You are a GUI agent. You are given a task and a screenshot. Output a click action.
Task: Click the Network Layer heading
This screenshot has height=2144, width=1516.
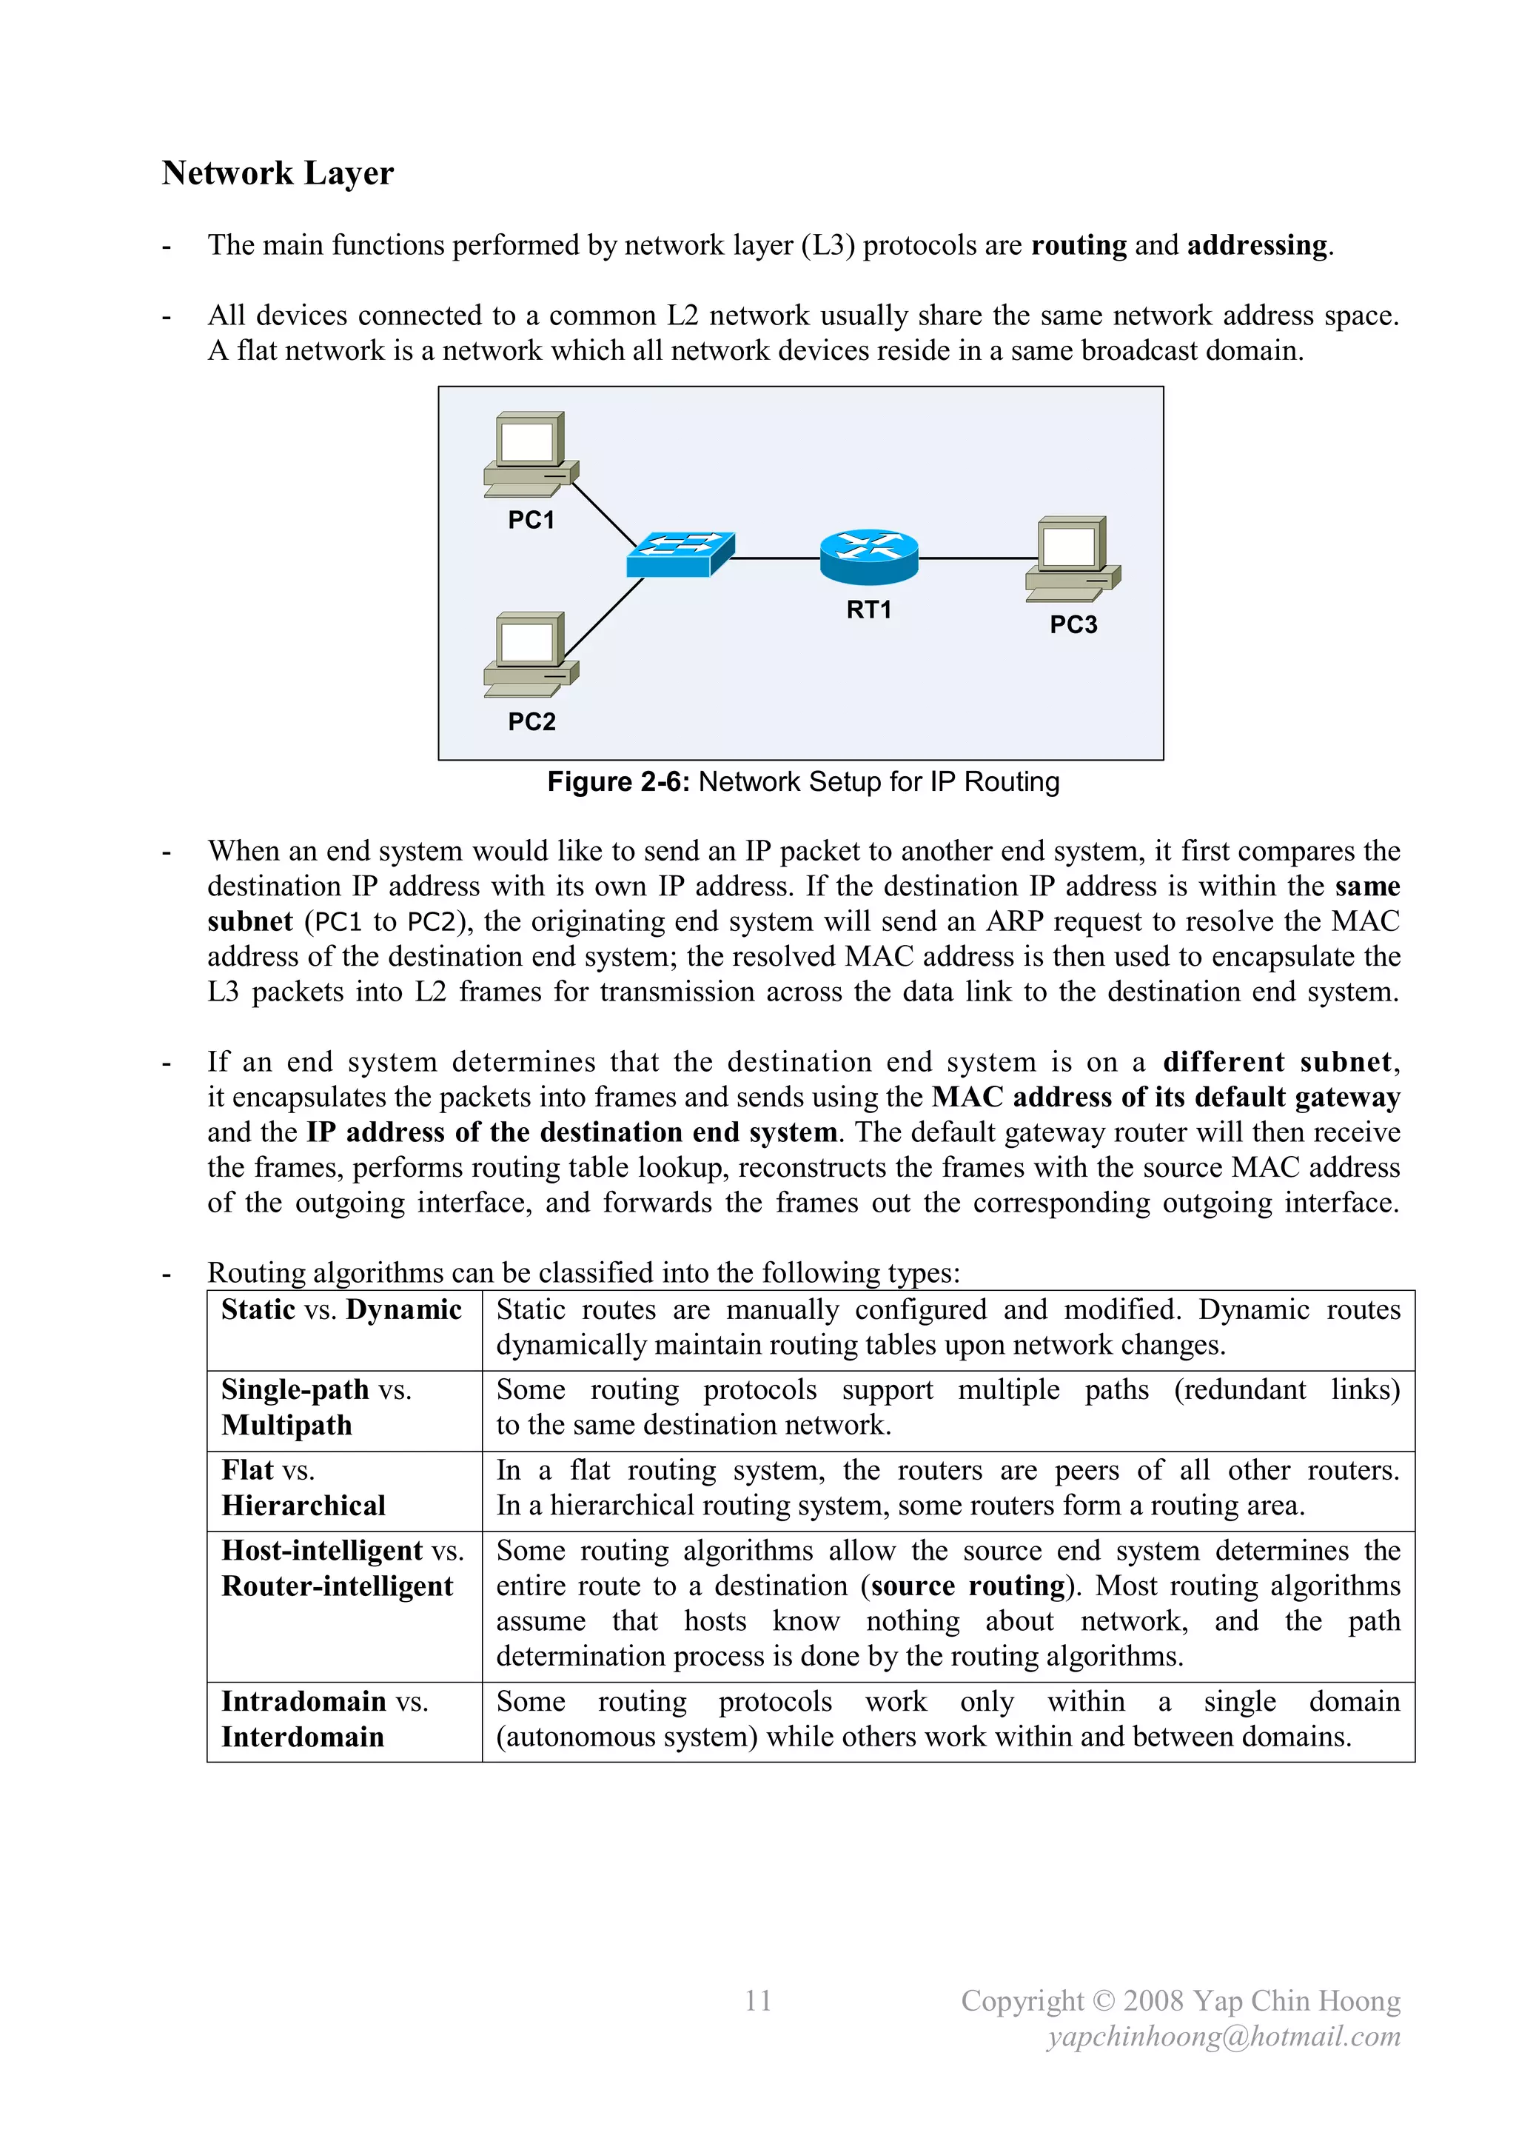278,174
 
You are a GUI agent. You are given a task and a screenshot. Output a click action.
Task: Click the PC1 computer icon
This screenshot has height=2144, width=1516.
529,455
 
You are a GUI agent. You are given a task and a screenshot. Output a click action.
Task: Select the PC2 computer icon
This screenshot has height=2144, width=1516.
529,655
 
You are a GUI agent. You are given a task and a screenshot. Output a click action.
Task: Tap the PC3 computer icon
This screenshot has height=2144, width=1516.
1073,559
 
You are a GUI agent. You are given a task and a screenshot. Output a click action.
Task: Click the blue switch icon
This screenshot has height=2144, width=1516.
680,555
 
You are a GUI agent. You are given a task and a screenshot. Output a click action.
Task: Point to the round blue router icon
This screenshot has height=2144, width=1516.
868,558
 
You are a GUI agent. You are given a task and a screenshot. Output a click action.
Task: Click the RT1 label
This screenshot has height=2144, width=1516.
868,610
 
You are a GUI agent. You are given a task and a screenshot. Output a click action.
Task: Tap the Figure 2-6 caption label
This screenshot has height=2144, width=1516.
803,781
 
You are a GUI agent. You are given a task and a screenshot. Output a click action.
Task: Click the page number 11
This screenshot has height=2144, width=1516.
758,2001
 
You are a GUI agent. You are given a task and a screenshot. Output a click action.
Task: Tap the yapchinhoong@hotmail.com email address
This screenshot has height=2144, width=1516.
1224,2037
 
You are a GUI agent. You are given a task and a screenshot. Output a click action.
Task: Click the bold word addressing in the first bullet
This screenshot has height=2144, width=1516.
1256,246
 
